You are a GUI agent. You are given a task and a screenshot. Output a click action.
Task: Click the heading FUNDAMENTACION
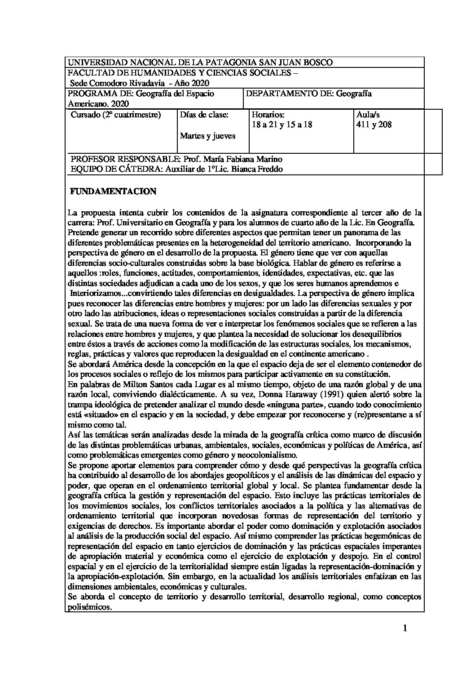click(x=113, y=192)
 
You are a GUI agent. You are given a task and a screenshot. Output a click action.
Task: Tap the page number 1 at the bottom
click(x=405, y=628)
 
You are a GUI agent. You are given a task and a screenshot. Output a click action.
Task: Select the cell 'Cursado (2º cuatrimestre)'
click(x=116, y=115)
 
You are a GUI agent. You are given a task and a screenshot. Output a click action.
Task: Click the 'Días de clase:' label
click(x=204, y=115)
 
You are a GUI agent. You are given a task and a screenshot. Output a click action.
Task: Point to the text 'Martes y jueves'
click(x=207, y=136)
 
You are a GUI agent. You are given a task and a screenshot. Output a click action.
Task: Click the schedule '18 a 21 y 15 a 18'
click(x=282, y=125)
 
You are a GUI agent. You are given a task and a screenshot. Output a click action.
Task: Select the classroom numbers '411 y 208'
click(x=374, y=125)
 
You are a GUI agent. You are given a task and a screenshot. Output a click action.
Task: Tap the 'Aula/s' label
click(x=368, y=115)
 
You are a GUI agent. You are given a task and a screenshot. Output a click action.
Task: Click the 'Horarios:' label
click(x=268, y=115)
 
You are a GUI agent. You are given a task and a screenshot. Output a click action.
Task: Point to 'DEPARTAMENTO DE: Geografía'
click(x=309, y=94)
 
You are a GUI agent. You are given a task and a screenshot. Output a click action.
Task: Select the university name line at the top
click(x=200, y=62)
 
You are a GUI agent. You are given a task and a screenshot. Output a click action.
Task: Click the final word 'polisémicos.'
click(x=89, y=607)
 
